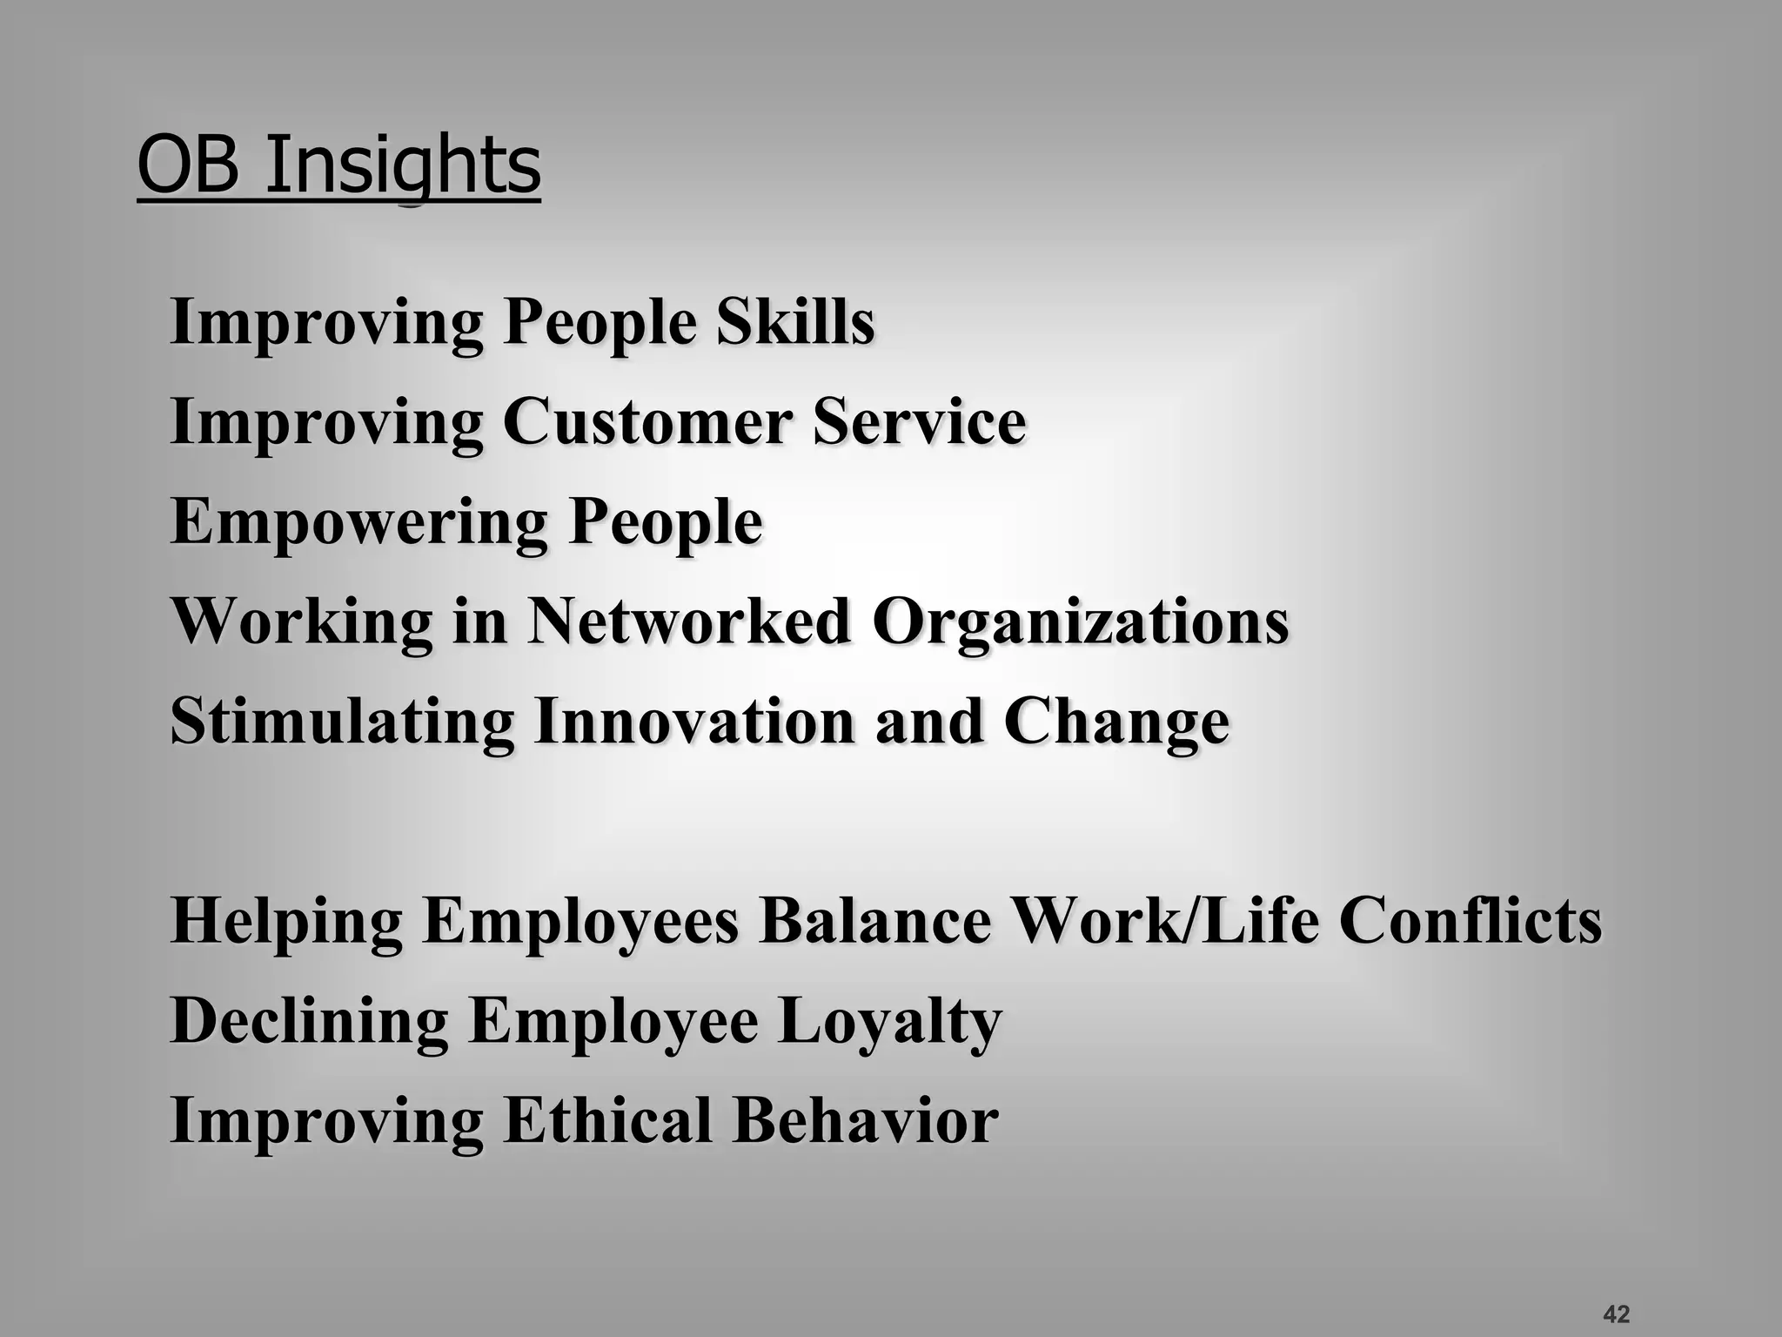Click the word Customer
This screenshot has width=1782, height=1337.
[647, 422]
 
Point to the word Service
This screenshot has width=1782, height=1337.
[920, 422]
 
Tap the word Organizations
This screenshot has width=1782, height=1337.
[1081, 623]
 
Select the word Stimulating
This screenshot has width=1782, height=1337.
[342, 722]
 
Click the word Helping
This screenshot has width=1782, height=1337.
[286, 922]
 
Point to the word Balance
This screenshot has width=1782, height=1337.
[874, 920]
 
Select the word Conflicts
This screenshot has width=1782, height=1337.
[1470, 920]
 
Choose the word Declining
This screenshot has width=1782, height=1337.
[309, 1021]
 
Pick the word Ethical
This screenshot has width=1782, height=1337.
[607, 1120]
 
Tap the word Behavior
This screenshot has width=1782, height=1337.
[865, 1120]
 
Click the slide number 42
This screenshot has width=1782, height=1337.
[1616, 1313]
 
